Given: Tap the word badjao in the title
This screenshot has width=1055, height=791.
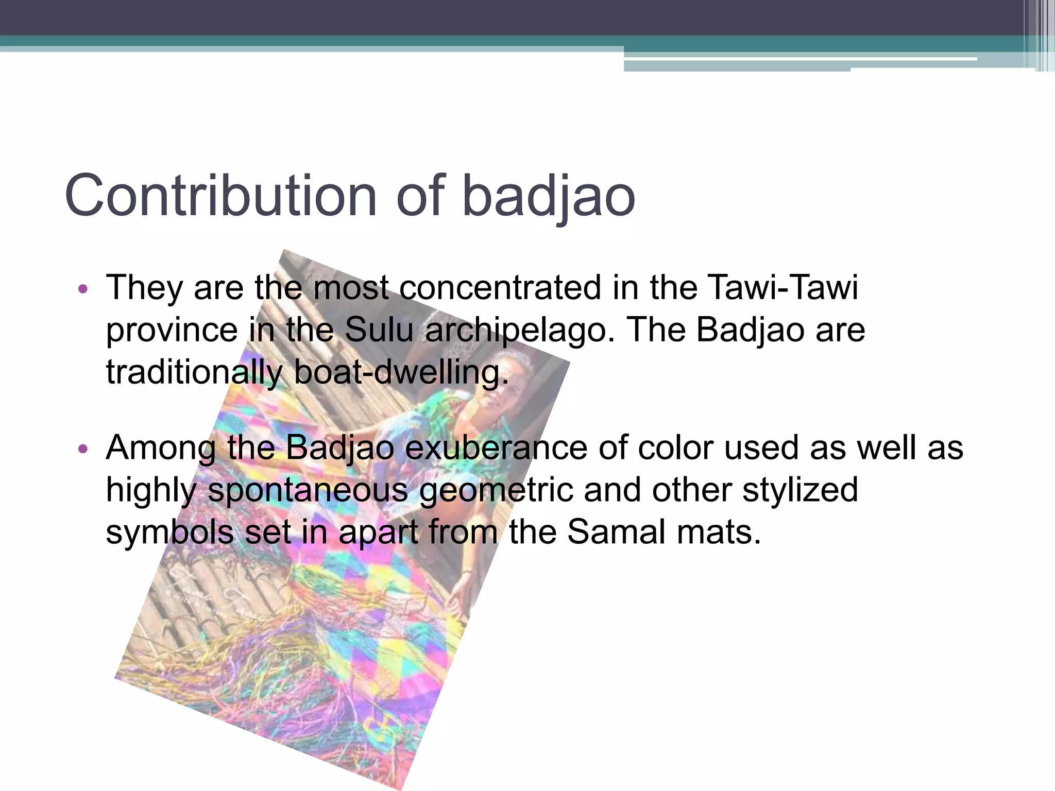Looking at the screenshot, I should click(x=549, y=196).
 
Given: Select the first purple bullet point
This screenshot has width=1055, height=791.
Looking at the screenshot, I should click(x=83, y=289).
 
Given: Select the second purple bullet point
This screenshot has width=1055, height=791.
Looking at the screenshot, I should click(x=83, y=450).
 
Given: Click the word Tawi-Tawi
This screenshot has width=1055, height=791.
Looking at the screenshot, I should click(x=782, y=287).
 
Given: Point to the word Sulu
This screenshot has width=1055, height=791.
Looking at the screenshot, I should click(x=379, y=330).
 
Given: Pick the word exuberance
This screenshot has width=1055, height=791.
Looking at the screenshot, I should click(x=496, y=447).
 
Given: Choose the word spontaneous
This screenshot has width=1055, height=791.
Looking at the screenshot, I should click(x=308, y=490).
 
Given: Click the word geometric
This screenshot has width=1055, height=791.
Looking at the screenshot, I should click(x=496, y=490).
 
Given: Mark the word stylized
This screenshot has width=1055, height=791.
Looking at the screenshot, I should click(x=800, y=490).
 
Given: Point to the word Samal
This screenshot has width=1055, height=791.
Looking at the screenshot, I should click(x=616, y=531).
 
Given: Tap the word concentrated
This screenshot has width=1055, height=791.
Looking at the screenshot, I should click(x=500, y=287).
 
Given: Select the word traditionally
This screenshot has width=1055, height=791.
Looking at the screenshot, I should click(x=194, y=372).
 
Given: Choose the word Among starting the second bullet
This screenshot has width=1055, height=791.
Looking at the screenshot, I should click(x=160, y=447).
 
